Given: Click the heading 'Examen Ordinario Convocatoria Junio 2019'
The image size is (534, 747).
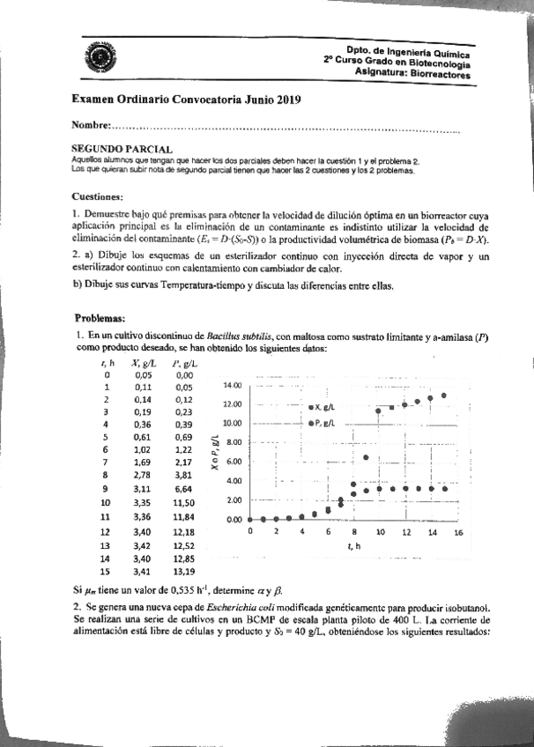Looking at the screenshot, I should [x=186, y=100].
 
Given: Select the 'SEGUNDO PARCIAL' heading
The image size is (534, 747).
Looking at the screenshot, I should [x=122, y=151].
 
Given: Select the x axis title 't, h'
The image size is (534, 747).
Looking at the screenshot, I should [x=353, y=546].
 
